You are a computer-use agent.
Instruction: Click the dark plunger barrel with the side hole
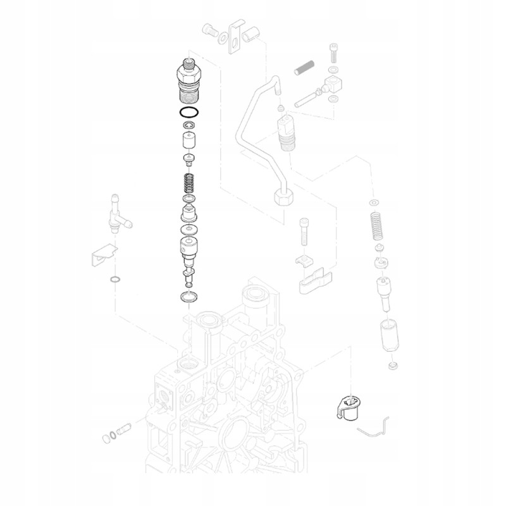tap(189, 247)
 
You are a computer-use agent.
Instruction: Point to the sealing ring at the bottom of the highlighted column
tap(190, 296)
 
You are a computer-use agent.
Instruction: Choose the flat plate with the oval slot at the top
tap(238, 34)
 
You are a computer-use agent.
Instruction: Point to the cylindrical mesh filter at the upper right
tap(305, 67)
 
